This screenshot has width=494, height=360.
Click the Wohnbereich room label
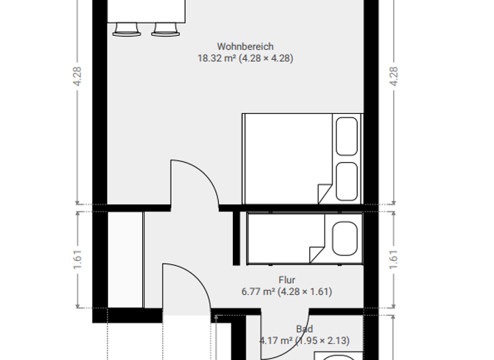(x=245, y=46)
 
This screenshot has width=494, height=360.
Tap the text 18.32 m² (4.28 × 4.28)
(x=245, y=58)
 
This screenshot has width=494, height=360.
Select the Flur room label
(x=286, y=280)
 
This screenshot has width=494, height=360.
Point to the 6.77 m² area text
(x=286, y=292)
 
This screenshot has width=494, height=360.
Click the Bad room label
(x=304, y=328)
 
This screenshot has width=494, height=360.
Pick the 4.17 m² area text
(x=304, y=340)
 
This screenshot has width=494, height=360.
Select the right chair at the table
(x=165, y=29)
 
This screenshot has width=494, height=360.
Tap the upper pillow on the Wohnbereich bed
(x=347, y=136)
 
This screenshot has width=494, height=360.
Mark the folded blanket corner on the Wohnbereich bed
(x=325, y=192)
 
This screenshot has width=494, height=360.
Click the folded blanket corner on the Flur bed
(x=316, y=253)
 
